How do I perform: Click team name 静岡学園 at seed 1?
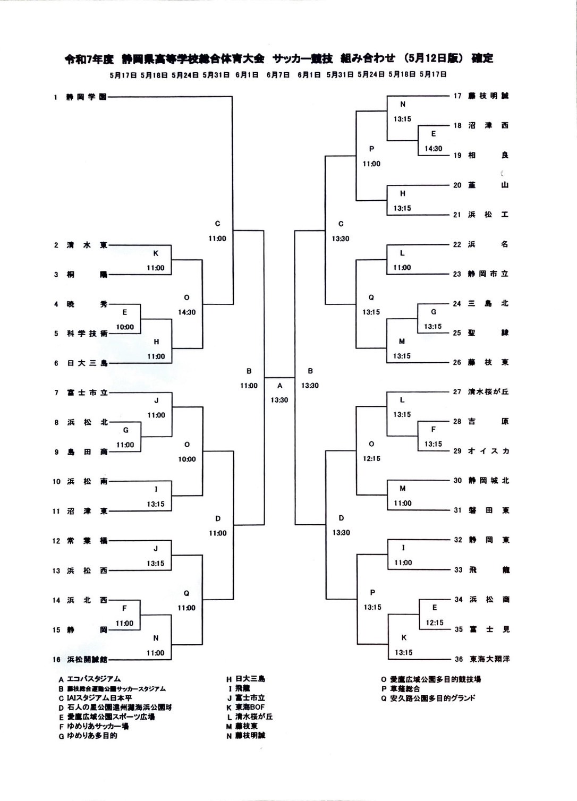(x=86, y=97)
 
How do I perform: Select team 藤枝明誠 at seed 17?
(x=488, y=96)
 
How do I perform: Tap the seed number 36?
(x=459, y=659)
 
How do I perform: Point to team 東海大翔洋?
(x=489, y=659)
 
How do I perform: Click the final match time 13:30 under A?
(x=279, y=400)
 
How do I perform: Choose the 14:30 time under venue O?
(x=186, y=312)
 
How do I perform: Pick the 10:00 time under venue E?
(x=125, y=327)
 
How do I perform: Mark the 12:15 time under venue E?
(x=435, y=623)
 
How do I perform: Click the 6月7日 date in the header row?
(x=278, y=75)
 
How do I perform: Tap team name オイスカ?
(x=488, y=451)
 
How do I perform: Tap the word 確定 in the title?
(x=482, y=58)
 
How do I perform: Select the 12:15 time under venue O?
(x=371, y=458)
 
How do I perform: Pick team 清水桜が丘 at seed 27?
(x=488, y=391)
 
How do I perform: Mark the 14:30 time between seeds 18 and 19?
(x=434, y=149)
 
